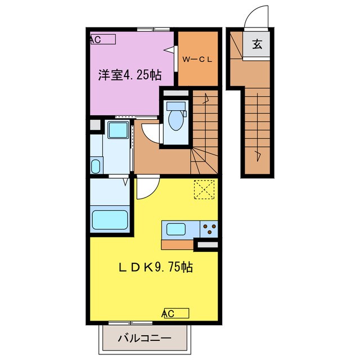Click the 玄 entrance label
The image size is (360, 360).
pos(257,45)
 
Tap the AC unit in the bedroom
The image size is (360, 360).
pos(102,39)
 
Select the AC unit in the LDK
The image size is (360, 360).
pos(175,313)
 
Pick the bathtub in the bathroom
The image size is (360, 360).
pos(110,218)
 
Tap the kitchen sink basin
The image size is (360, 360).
pos(175,229)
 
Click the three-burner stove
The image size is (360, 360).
pos(209,229)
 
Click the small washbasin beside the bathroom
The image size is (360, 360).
pos(95,166)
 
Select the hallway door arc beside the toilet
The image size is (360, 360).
pos(149,133)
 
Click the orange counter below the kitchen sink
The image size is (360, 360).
pos(177,245)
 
